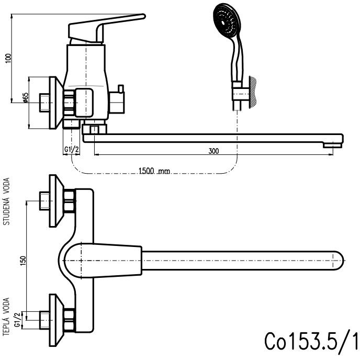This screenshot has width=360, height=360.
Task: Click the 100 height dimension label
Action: [x=7, y=58]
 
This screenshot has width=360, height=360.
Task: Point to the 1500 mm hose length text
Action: [x=154, y=171]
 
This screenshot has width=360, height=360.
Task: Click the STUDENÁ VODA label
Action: [x=7, y=201]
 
